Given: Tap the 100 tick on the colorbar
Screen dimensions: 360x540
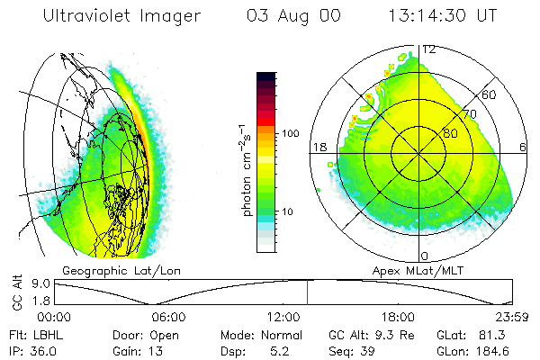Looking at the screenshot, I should click(x=290, y=133).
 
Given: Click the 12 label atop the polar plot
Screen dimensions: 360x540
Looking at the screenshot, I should click(x=429, y=49).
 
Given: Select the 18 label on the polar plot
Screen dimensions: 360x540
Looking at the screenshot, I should click(x=318, y=147).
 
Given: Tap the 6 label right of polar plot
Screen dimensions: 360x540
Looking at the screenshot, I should click(x=523, y=147).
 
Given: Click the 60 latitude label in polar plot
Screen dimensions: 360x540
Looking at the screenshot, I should click(x=489, y=94).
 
